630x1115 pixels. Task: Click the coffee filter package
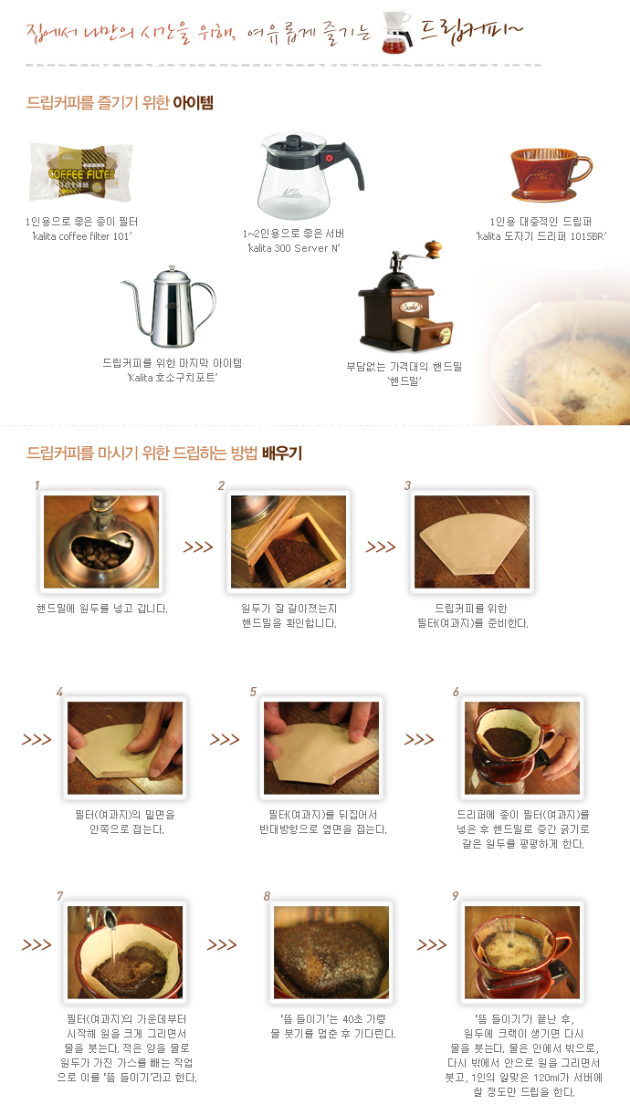click(81, 172)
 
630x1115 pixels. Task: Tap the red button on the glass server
click(330, 158)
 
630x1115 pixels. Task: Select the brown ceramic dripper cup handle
click(583, 168)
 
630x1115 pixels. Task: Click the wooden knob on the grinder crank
click(434, 248)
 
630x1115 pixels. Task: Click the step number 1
click(37, 485)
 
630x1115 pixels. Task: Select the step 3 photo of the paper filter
click(472, 542)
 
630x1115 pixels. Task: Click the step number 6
click(456, 692)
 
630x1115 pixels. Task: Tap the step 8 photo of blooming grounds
click(331, 953)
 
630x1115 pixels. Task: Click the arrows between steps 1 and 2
click(198, 547)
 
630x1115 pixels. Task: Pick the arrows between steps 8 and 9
click(432, 944)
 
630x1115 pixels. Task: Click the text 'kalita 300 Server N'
click(294, 248)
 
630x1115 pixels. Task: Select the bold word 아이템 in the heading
click(194, 102)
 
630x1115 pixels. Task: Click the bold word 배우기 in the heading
click(282, 453)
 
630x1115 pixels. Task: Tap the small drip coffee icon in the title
click(397, 32)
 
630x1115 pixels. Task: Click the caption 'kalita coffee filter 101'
click(82, 236)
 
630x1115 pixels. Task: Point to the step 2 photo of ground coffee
click(289, 542)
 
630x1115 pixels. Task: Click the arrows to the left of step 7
click(37, 944)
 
